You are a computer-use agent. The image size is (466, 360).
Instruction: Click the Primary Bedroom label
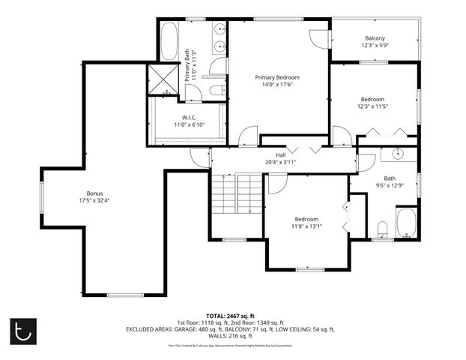coord(277,77)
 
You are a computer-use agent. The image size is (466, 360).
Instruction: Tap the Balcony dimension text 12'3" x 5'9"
coord(375,46)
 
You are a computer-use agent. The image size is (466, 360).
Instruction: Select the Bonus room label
coord(94,193)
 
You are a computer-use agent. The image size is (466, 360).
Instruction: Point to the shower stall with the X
coord(163,79)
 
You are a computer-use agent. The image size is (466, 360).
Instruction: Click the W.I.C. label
coord(189,118)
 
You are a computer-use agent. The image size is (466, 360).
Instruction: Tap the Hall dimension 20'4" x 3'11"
coord(281,162)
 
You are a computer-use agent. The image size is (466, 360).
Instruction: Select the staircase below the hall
coord(225,196)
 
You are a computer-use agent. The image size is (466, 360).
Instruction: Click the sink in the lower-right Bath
coord(398,155)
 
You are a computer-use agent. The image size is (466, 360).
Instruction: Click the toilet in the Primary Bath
coord(216,91)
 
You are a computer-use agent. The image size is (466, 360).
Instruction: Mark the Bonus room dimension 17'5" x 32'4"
coord(94,200)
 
